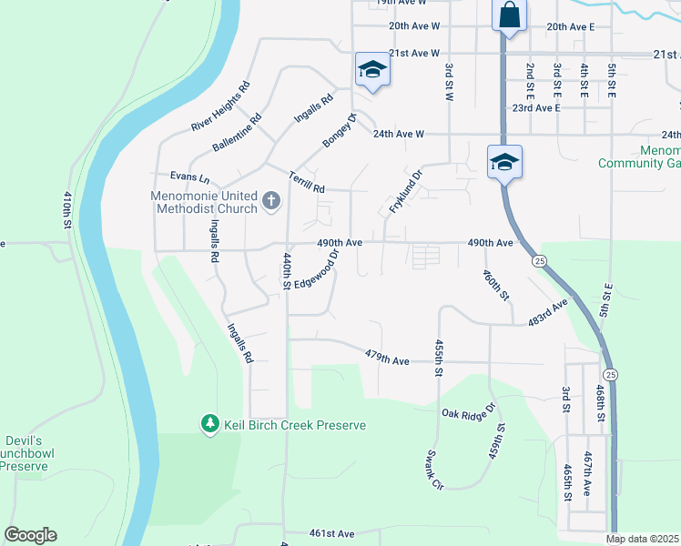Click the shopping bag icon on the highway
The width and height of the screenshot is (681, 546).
[508, 15]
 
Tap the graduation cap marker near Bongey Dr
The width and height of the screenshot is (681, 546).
[372, 70]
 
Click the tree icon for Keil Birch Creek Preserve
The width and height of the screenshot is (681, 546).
[209, 424]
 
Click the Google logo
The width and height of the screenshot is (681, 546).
[30, 535]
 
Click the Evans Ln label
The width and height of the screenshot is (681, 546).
[189, 177]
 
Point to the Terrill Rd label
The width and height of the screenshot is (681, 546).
[306, 182]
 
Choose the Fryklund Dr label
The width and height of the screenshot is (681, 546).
[406, 192]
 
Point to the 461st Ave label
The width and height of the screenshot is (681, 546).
[330, 533]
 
